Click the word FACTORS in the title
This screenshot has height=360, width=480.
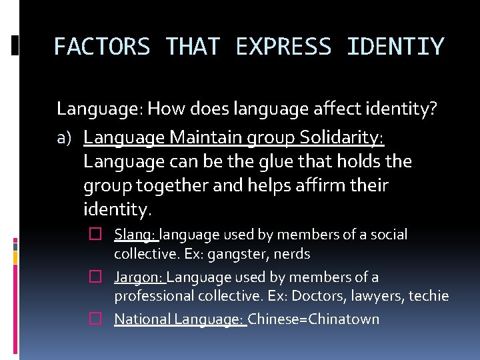click(x=101, y=47)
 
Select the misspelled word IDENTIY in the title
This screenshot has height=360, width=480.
click(x=395, y=47)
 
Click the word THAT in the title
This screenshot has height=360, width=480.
click(x=192, y=47)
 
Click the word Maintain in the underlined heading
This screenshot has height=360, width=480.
click(x=207, y=137)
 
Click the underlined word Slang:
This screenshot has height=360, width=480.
click(x=135, y=235)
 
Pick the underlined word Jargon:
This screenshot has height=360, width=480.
click(x=139, y=277)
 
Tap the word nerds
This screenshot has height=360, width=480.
click(x=291, y=254)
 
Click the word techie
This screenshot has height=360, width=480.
click(x=431, y=296)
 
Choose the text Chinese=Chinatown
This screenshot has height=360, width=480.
click(x=313, y=319)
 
